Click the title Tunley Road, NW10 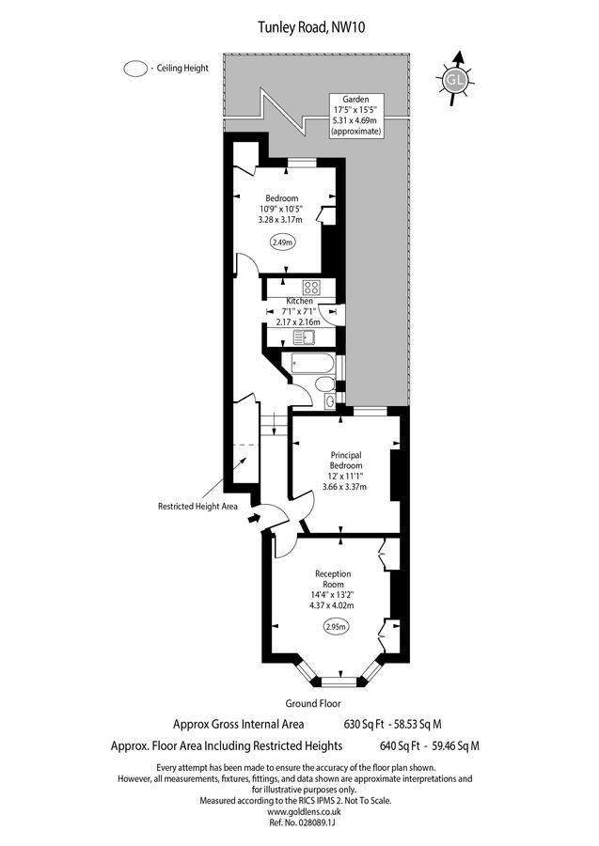point(299,28)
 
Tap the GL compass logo point(455,81)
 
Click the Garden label point(355,98)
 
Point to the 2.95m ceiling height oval point(335,627)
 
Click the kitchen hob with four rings point(311,288)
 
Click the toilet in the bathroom point(324,384)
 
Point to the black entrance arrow point(254,515)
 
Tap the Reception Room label point(333,579)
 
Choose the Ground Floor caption point(313,703)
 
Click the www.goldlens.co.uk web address point(299,810)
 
